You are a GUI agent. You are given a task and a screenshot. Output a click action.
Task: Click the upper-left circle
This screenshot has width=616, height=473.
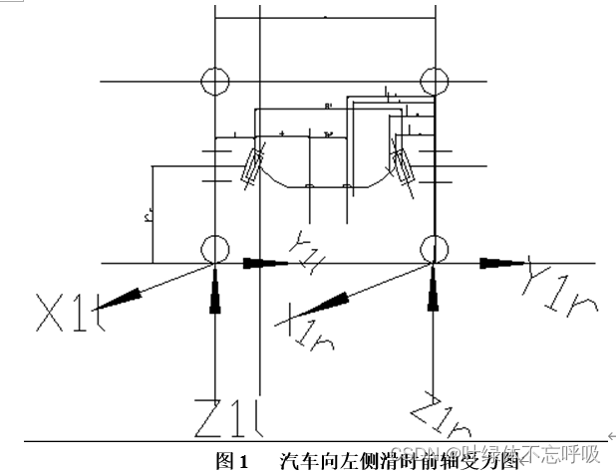[x=214, y=80]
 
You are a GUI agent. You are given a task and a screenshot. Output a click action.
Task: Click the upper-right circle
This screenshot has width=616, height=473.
[x=433, y=80]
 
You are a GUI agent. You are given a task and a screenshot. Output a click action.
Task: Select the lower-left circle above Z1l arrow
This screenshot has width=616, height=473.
[x=214, y=248]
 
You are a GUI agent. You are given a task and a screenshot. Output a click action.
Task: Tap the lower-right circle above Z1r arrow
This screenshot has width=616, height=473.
[x=433, y=248]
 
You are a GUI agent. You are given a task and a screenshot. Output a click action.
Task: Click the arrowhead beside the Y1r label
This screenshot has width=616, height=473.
[x=494, y=263]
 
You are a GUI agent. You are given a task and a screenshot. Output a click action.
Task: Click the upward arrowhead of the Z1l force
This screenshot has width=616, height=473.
[x=214, y=302]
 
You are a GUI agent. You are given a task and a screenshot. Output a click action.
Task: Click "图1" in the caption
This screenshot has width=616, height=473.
[x=231, y=461]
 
